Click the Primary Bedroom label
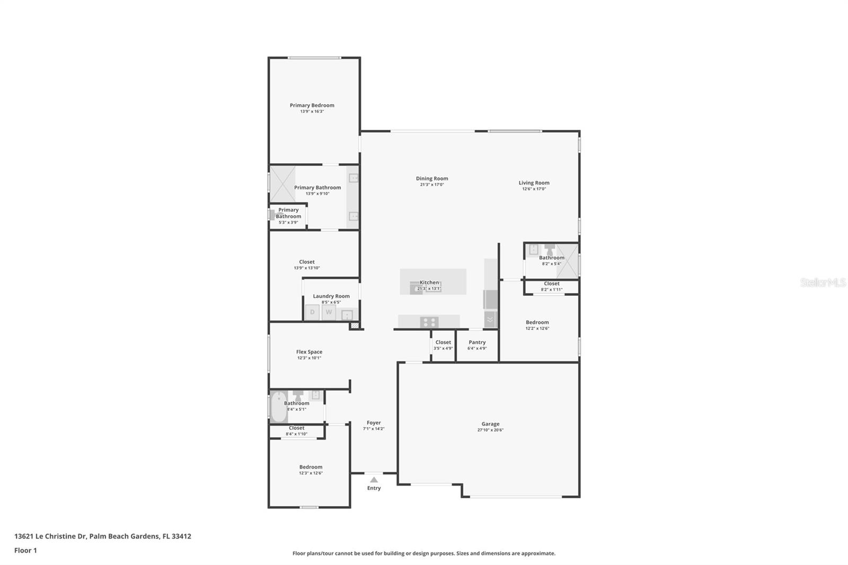tap(312, 105)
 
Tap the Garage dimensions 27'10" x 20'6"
tap(490, 430)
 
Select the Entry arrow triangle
tap(374, 479)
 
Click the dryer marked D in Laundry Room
tap(312, 312)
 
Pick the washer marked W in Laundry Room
tap(329, 312)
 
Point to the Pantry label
tap(477, 342)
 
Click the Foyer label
tap(374, 423)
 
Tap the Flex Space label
tap(309, 352)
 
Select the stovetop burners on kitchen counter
tap(429, 322)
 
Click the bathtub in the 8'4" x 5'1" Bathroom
tap(279, 407)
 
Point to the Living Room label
tap(534, 183)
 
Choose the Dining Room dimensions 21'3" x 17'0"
tap(431, 185)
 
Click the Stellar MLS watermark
tap(823, 282)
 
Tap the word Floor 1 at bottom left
tap(25, 550)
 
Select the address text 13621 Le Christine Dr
tap(50, 536)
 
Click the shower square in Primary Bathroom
tap(282, 184)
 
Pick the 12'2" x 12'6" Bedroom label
tap(537, 322)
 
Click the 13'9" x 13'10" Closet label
tap(306, 262)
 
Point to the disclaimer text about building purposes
tap(424, 553)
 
